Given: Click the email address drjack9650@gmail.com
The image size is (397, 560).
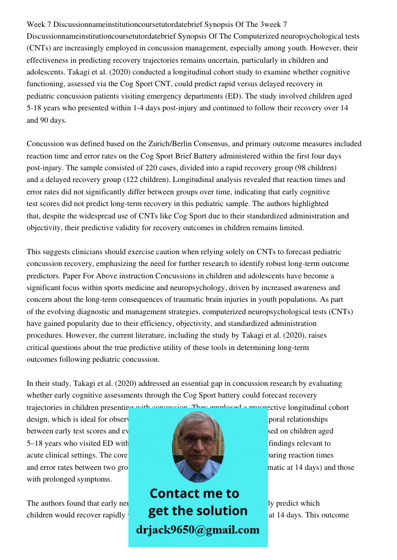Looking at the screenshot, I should tap(197, 530).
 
